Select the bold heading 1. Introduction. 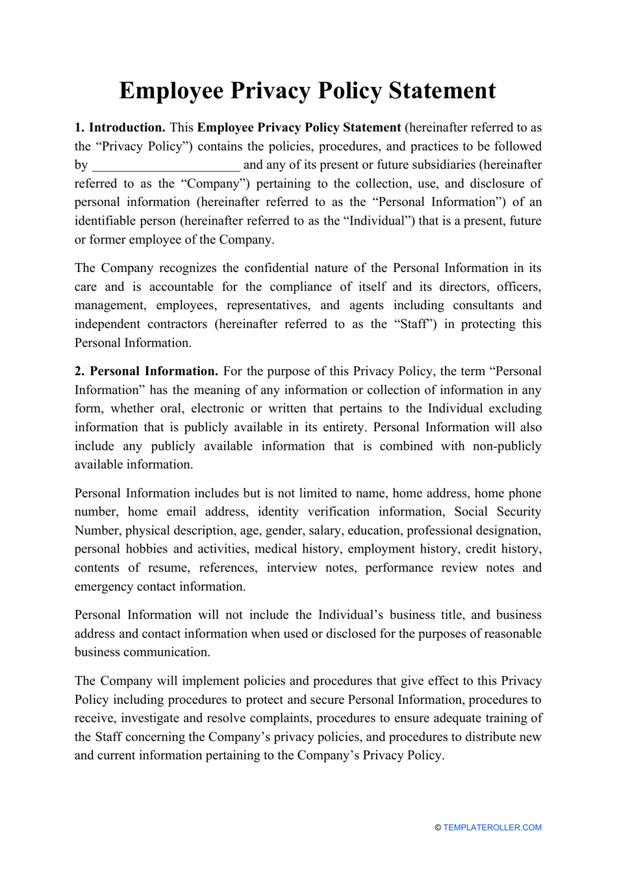pyautogui.click(x=120, y=128)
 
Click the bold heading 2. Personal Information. pyautogui.click(x=146, y=371)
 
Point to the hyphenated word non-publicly pyautogui.click(x=505, y=446)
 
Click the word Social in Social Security pyautogui.click(x=471, y=512)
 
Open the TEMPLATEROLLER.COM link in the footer pyautogui.click(x=492, y=828)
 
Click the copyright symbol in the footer pyautogui.click(x=438, y=828)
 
